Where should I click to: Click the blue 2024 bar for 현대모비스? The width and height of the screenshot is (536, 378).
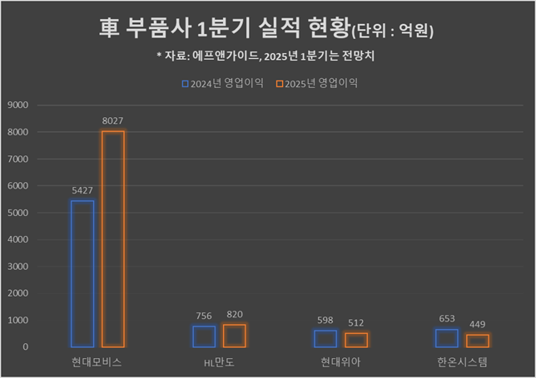[x=82, y=273]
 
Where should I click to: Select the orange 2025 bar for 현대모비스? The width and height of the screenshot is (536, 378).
[x=113, y=238]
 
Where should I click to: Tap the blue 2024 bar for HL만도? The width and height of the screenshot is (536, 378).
[x=204, y=336]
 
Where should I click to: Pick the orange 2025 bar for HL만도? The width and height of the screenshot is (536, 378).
[x=235, y=336]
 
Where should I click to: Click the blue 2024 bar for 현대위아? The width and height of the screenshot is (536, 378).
[x=325, y=338]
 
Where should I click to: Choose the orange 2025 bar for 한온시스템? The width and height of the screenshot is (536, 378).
[x=478, y=341]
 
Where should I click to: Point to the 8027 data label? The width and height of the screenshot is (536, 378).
[x=113, y=121]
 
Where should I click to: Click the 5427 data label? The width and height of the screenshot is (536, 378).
[x=82, y=191]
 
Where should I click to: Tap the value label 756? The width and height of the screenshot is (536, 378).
[x=204, y=317]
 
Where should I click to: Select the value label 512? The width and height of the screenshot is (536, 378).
[x=356, y=323]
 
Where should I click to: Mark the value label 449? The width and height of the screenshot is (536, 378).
[x=478, y=325]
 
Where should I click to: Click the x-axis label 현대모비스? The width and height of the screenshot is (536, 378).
[x=97, y=363]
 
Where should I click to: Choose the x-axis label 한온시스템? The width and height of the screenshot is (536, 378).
[x=462, y=363]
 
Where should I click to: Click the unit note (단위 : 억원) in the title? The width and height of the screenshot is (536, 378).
[x=392, y=32]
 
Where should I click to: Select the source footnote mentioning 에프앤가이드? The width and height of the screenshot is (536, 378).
[x=268, y=56]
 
